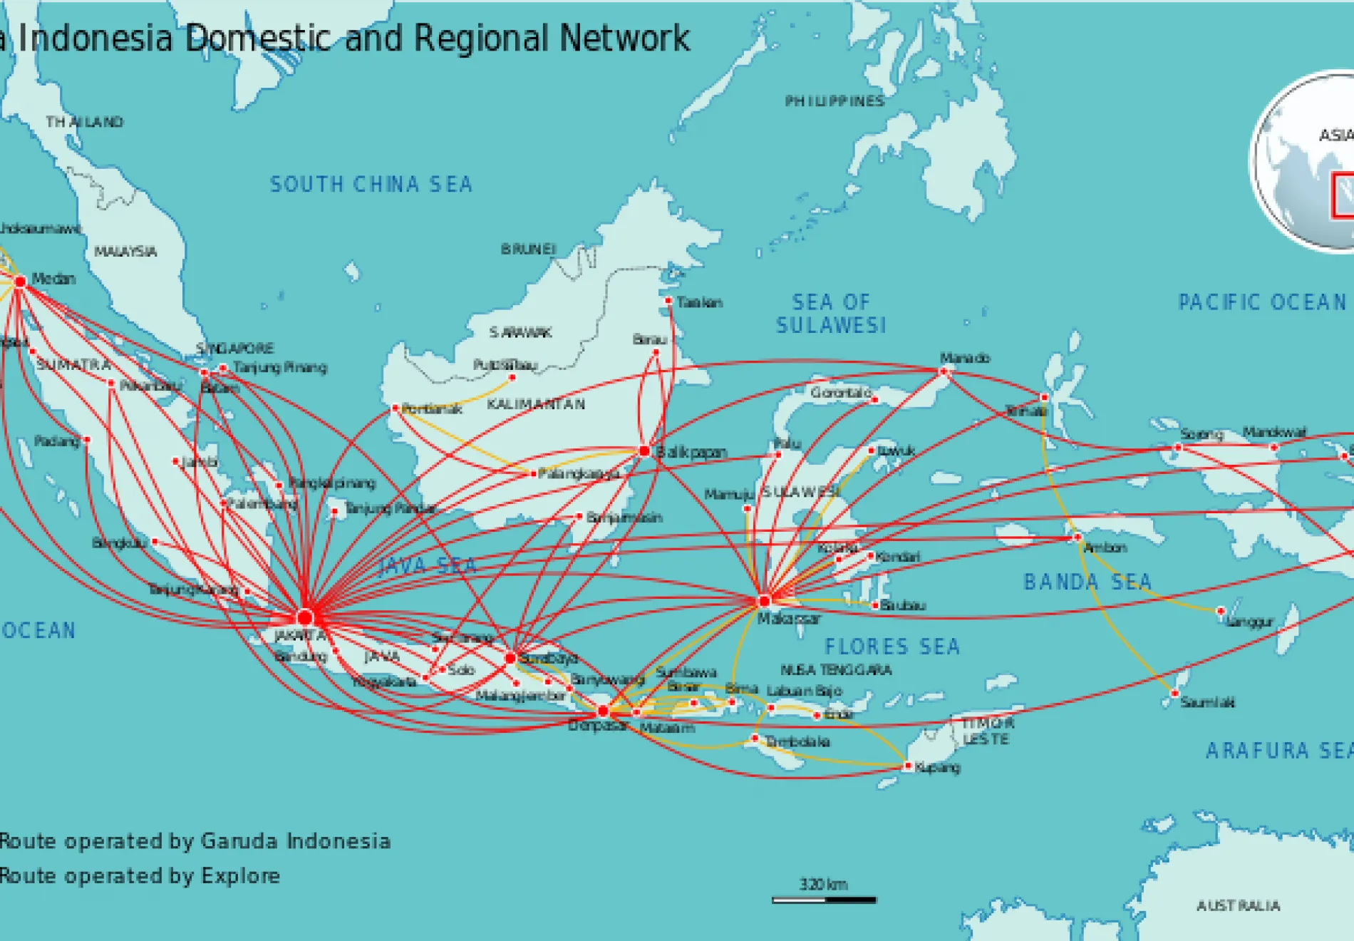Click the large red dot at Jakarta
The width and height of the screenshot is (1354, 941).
pos(305,617)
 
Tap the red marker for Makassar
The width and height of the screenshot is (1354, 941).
pos(765,601)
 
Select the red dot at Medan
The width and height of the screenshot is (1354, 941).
pos(21,282)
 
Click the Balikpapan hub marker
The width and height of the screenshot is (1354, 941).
pos(644,451)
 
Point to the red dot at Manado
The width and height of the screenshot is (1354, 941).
pos(944,371)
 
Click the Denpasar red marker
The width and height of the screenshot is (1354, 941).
pos(603,711)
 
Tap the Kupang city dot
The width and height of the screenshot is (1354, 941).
pos(907,766)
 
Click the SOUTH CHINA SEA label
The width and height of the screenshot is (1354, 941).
pos(371,185)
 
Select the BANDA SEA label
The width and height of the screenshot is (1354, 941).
pos(1087,582)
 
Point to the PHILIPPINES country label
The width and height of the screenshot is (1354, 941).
pos(834,101)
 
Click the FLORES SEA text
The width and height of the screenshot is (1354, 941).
pos(892,647)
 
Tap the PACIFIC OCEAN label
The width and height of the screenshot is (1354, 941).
pos(1262,302)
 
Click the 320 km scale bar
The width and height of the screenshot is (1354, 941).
pos(824,900)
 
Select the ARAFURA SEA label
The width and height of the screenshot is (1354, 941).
pos(1278,751)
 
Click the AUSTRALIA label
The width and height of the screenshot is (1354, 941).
pos(1238,906)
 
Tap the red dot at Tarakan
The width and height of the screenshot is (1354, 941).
pos(668,301)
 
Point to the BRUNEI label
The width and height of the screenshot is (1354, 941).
pos(528,249)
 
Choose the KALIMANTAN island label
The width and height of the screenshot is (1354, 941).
pos(536,404)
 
